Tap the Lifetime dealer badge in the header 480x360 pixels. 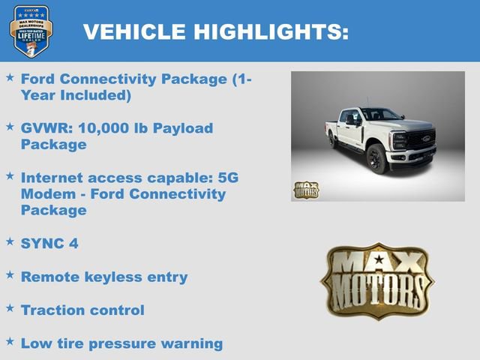[30, 31]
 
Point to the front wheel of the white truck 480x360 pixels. [377, 159]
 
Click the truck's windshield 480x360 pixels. [381, 115]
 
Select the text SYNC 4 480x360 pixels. [49, 243]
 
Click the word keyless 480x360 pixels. [104, 277]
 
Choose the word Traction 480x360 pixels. [53, 310]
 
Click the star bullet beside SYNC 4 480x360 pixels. [10, 241]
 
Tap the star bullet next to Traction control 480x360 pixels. [10, 308]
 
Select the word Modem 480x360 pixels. [49, 194]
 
